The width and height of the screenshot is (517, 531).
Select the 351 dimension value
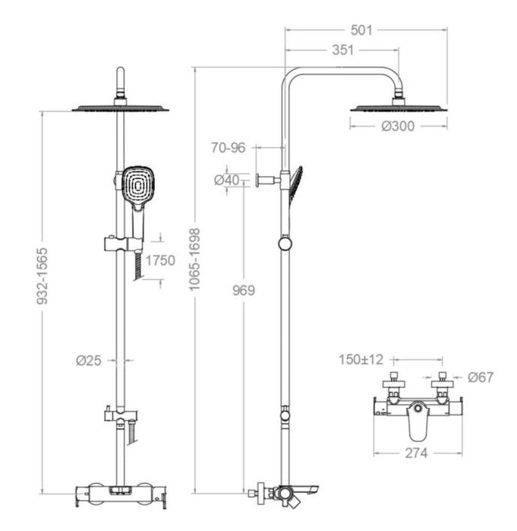click(342, 52)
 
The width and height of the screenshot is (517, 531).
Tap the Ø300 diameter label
click(398, 127)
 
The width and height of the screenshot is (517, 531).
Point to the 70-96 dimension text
click(229, 148)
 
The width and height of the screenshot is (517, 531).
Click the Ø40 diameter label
click(227, 180)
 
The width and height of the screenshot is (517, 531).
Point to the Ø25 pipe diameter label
click(90, 360)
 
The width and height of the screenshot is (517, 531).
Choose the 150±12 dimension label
click(361, 358)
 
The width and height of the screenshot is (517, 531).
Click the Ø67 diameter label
click(481, 377)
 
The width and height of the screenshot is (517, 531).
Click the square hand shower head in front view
click(137, 186)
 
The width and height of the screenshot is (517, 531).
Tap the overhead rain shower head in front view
click(120, 107)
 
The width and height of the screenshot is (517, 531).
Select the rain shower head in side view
click(397, 107)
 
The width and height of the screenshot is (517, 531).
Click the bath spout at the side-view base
click(307, 491)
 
